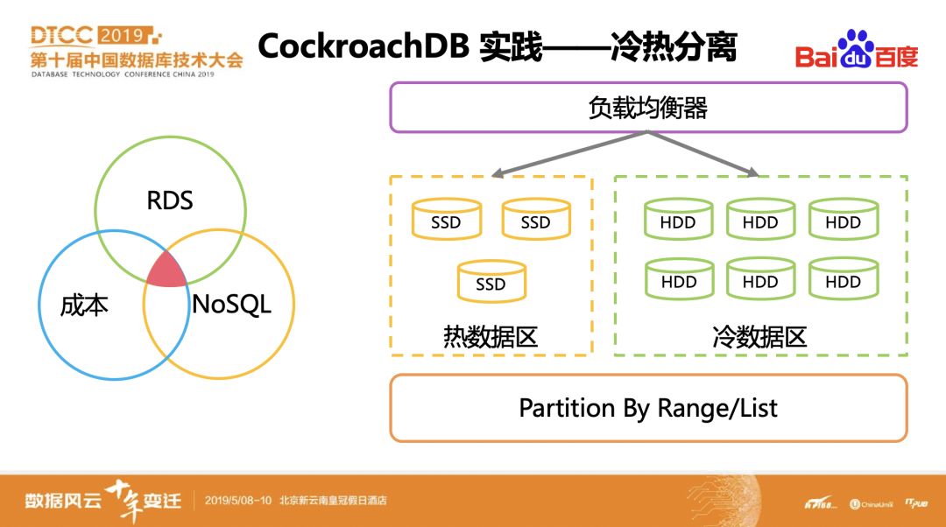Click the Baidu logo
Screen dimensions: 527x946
click(x=856, y=50)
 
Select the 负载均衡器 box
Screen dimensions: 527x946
click(x=647, y=107)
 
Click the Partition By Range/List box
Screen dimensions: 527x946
click(x=647, y=408)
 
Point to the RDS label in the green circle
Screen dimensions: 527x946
click(x=169, y=200)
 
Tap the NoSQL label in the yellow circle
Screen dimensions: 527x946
click(x=231, y=305)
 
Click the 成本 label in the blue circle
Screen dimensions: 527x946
click(x=84, y=306)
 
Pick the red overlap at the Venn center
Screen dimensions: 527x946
click(x=166, y=270)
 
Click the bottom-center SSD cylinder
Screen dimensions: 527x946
click(x=491, y=282)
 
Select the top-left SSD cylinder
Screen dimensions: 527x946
click(x=446, y=220)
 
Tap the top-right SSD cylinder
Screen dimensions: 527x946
click(x=535, y=220)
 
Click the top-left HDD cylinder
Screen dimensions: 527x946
click(x=678, y=220)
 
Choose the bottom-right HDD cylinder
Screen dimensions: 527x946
click(x=843, y=279)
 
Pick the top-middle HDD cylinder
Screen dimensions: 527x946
click(x=760, y=220)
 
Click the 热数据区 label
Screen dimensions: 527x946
click(x=491, y=336)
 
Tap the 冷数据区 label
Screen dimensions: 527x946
click(x=759, y=336)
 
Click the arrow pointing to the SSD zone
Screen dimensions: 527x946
click(x=569, y=154)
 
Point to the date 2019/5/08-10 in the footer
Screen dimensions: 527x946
click(x=239, y=501)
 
